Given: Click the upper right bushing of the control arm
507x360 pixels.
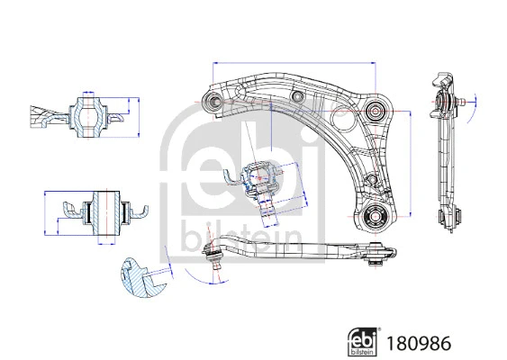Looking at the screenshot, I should point(376,111).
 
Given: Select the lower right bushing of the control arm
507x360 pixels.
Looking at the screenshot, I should point(376,216).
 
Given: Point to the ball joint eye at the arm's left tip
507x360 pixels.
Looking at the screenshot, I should point(213,101).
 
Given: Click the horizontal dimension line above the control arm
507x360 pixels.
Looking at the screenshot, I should point(294,62).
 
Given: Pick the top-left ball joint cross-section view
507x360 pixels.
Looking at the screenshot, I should point(86,115).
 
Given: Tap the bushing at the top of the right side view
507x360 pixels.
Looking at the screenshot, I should point(442,100).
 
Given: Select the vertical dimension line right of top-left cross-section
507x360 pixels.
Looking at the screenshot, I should point(140,114).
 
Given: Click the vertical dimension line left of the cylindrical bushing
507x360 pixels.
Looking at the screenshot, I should point(46,212).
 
